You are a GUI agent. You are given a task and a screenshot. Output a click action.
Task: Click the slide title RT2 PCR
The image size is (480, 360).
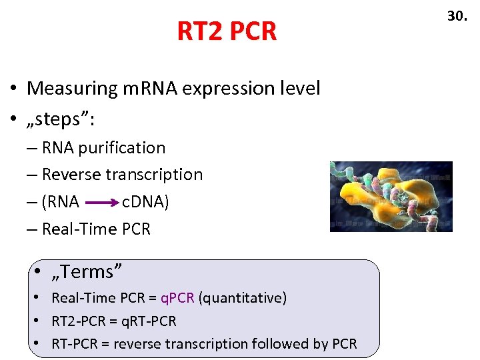coord(226,31)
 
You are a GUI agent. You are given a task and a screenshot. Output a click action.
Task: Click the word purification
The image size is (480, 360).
coord(121,148)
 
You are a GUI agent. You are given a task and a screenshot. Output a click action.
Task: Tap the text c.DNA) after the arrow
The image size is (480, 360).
coord(145,202)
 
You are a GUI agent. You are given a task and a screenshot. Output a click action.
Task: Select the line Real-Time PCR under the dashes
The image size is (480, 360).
coord(96,229)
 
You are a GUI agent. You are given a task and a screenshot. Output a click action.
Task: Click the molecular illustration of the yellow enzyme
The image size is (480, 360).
coord(391,196)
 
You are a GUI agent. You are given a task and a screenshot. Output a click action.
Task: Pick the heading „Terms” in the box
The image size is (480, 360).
coord(87,272)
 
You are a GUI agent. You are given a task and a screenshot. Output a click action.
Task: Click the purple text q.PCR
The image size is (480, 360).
coord(177,298)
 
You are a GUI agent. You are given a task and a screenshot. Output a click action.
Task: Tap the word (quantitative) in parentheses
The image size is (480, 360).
coord(243,298)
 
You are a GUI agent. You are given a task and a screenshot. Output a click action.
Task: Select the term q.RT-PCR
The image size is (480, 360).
coord(144,321)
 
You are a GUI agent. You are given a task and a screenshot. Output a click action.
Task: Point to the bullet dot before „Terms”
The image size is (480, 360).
coord(39,272)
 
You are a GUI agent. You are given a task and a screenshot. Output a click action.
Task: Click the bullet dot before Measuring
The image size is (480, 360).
coord(13,89)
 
